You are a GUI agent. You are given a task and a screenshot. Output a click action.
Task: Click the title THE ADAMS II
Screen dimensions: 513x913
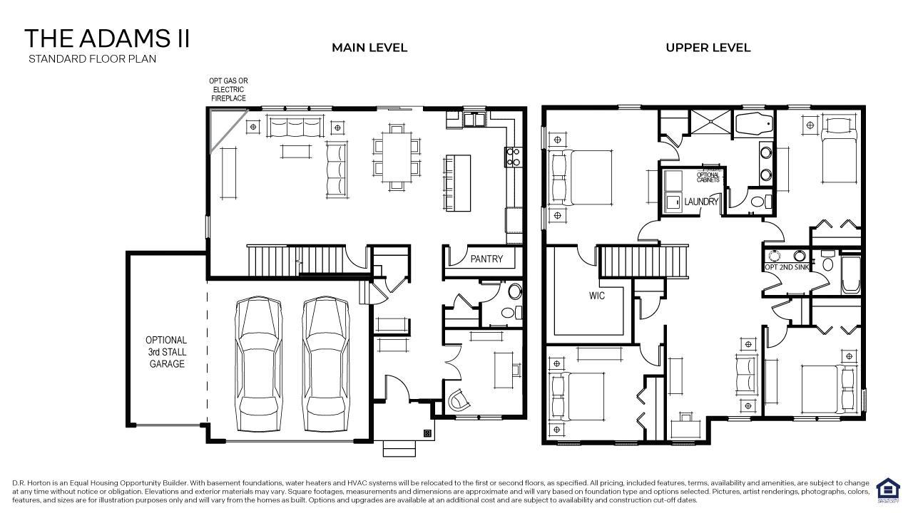[x=107, y=38]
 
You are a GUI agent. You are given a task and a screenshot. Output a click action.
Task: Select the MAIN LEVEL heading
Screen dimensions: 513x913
[x=369, y=48]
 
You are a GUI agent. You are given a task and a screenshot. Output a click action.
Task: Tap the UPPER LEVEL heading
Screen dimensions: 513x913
[x=708, y=48]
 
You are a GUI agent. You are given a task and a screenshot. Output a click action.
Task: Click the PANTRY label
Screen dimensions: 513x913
[x=486, y=259]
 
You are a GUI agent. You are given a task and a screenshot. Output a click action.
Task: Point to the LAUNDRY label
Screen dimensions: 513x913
[x=701, y=202]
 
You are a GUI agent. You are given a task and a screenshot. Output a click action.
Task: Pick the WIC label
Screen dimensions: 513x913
[x=597, y=295]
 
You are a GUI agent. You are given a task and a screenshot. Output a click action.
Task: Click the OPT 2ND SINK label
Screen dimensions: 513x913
[x=785, y=267]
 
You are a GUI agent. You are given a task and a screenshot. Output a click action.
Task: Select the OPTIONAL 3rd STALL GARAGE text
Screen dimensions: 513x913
[x=166, y=352]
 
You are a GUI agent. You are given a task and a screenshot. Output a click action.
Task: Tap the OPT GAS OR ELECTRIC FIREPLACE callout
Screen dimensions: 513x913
[x=228, y=90]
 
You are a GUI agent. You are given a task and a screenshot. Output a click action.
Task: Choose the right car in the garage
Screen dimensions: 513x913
[x=327, y=365]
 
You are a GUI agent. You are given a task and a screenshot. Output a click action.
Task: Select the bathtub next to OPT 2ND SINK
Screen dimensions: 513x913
[x=850, y=273]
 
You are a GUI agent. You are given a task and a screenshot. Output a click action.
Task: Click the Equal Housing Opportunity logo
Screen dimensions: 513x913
[x=888, y=490]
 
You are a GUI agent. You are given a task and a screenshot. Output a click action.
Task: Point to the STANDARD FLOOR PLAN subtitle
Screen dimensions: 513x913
[x=92, y=58]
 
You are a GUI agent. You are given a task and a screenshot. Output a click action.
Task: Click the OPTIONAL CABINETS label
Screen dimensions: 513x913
[x=708, y=177]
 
